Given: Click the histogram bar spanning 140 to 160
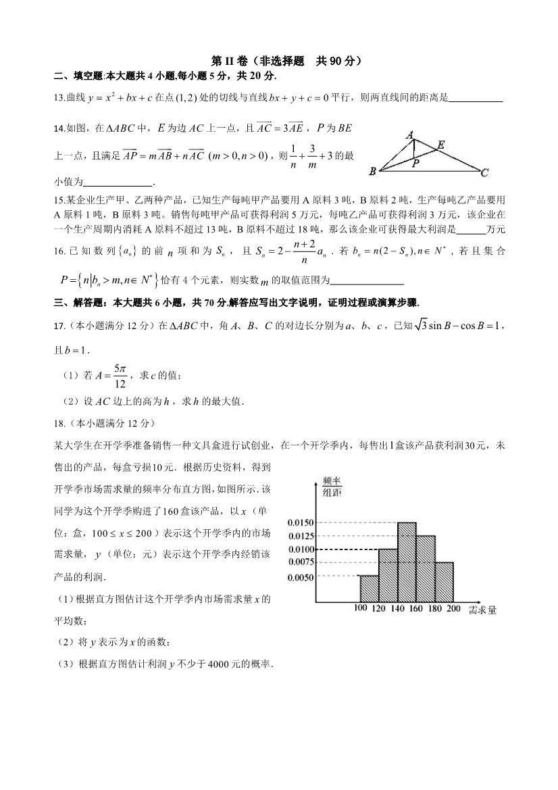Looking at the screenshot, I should tap(407, 562).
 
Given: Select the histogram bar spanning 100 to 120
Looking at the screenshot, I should tap(369, 589).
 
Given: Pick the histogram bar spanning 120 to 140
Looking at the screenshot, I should tap(388, 575).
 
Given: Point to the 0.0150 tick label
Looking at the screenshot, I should tap(300, 522).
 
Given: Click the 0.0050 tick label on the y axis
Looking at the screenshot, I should tap(300, 576).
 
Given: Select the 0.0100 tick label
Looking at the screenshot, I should tap(300, 549).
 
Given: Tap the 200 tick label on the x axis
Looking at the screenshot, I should tap(453, 609).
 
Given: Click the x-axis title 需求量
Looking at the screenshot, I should tap(482, 610).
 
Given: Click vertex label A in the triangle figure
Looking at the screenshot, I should tap(409, 135).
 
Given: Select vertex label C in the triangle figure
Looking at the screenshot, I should tap(484, 174).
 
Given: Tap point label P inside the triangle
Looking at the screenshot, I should tap(416, 163).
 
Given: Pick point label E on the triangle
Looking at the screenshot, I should tap(441, 144).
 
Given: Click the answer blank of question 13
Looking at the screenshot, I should tap(476, 99).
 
